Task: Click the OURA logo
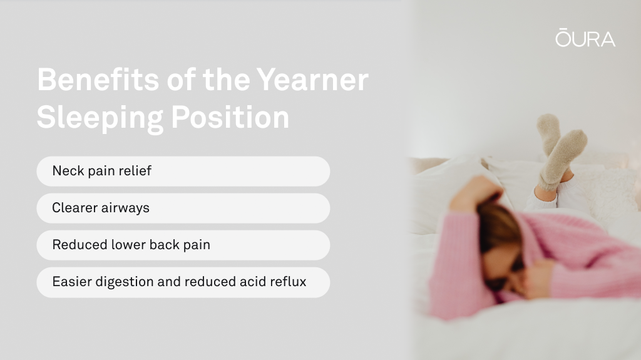point(585,38)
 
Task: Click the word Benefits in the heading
point(98,80)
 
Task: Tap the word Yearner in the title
point(312,80)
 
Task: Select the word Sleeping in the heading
point(100,118)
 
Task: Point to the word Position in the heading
point(230,118)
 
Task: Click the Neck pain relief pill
point(183,171)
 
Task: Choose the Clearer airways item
point(183,208)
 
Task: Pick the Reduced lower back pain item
point(183,245)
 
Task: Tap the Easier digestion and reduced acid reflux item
point(183,282)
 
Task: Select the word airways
point(125,208)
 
